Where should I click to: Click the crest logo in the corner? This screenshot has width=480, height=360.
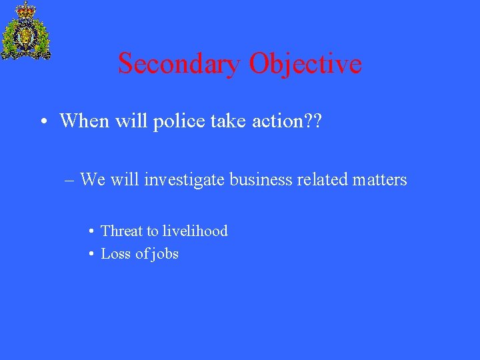click(x=26, y=31)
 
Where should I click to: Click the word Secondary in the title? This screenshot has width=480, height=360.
click(x=179, y=64)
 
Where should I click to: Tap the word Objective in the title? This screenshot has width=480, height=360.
click(x=305, y=64)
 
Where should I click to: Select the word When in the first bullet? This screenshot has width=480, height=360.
click(x=83, y=121)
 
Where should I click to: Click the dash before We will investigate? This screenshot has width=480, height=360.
click(x=69, y=180)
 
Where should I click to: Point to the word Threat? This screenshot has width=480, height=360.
click(x=121, y=231)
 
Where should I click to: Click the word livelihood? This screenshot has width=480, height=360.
click(x=195, y=231)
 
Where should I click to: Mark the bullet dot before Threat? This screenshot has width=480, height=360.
click(x=90, y=232)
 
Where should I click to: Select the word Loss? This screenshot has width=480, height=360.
click(x=115, y=253)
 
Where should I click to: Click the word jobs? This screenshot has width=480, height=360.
click(x=164, y=254)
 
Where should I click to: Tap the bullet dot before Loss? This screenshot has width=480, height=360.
click(x=90, y=255)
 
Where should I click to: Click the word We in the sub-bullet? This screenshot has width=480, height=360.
click(x=93, y=179)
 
